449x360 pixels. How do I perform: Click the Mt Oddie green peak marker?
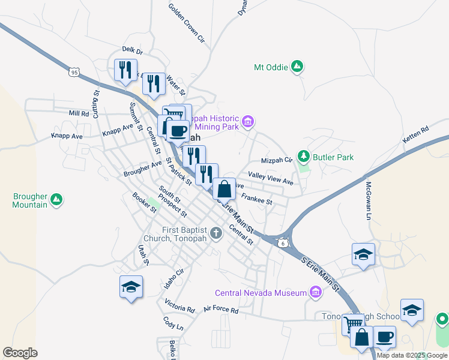click(x=297, y=67)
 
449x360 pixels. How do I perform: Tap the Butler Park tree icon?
click(x=304, y=157)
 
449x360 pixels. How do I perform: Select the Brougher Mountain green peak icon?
click(x=56, y=199)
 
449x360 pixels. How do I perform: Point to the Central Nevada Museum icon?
click(x=315, y=293)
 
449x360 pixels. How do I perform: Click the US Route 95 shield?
click(x=74, y=72)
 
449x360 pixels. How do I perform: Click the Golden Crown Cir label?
click(x=187, y=25)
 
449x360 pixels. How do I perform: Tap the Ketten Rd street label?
click(x=416, y=136)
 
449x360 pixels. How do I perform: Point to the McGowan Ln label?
click(x=369, y=200)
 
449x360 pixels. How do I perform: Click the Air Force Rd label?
click(x=221, y=310)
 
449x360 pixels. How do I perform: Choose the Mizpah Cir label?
click(x=276, y=161)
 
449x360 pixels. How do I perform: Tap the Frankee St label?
click(x=256, y=199)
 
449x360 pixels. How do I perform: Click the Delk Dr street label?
click(x=132, y=51)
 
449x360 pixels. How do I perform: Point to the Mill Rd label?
click(x=79, y=113)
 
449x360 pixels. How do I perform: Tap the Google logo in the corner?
click(x=20, y=353)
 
